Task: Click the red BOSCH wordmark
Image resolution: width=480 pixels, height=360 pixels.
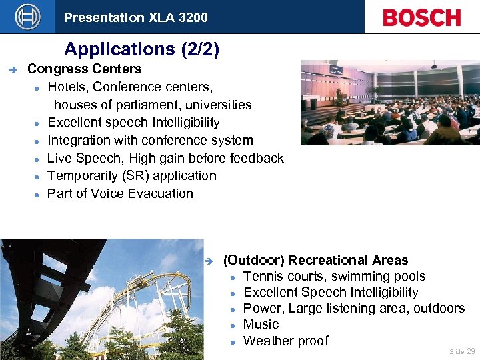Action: click(421, 17)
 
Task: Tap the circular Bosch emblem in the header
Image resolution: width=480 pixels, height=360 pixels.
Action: click(27, 17)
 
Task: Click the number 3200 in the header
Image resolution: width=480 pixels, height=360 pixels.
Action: click(193, 17)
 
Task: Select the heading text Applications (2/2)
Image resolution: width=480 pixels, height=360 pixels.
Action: click(141, 49)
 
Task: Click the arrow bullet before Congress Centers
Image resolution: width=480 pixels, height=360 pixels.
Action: click(10, 69)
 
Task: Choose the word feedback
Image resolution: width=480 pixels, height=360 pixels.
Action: click(257, 158)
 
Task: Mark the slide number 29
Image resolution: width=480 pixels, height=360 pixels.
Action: click(471, 351)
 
